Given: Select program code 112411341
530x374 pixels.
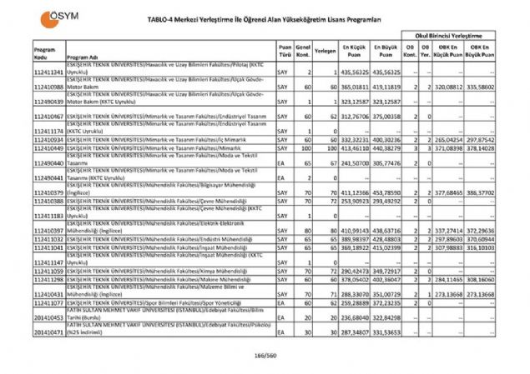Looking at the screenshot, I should pyautogui.click(x=49, y=73).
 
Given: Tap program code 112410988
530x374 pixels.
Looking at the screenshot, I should pyautogui.click(x=49, y=86).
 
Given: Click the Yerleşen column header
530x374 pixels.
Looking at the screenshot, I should pyautogui.click(x=326, y=51).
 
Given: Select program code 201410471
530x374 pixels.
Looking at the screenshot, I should pyautogui.click(x=49, y=332).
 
